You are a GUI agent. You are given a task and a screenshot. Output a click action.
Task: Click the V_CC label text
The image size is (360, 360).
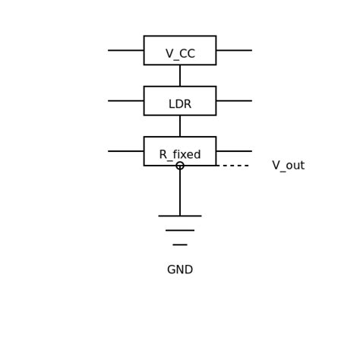pyautogui.click(x=180, y=54)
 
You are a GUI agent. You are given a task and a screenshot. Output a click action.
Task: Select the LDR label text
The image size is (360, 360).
pyautogui.click(x=180, y=104)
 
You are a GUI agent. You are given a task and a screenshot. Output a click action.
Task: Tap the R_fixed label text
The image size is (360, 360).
pyautogui.click(x=180, y=155)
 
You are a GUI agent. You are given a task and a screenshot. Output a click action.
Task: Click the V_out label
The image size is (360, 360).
pyautogui.click(x=288, y=166)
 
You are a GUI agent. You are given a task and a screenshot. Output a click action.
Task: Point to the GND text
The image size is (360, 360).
pyautogui.click(x=180, y=270)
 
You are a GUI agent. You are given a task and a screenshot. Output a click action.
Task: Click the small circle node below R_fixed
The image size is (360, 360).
pyautogui.click(x=180, y=166)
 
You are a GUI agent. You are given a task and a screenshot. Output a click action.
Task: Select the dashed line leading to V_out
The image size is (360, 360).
pyautogui.click(x=232, y=166)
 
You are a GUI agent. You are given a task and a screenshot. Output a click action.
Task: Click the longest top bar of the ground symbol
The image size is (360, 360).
pyautogui.click(x=180, y=216)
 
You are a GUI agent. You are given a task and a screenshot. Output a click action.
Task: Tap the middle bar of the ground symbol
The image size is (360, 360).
pyautogui.click(x=180, y=230)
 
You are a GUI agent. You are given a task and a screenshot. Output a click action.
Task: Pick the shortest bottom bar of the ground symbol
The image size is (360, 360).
pyautogui.click(x=180, y=245)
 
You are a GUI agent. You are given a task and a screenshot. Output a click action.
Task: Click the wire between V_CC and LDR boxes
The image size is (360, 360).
pyautogui.click(x=180, y=75)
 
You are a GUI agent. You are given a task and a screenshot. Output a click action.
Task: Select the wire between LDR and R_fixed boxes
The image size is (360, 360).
pyautogui.click(x=180, y=126)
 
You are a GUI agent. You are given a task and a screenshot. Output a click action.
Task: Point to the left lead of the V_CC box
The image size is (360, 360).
pyautogui.click(x=126, y=50)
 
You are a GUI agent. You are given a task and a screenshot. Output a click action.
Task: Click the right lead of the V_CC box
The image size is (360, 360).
pyautogui.click(x=234, y=50)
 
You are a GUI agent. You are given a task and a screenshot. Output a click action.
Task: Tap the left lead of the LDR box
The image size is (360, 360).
pyautogui.click(x=126, y=101)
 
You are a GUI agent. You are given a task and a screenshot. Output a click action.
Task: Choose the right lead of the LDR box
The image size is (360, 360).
pyautogui.click(x=234, y=101)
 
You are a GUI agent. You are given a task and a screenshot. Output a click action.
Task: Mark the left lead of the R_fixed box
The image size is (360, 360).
pyautogui.click(x=126, y=151)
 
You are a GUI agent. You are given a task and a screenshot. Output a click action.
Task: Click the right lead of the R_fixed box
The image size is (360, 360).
pyautogui.click(x=234, y=151)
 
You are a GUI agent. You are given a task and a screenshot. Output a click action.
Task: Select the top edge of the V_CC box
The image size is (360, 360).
pyautogui.click(x=180, y=36)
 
